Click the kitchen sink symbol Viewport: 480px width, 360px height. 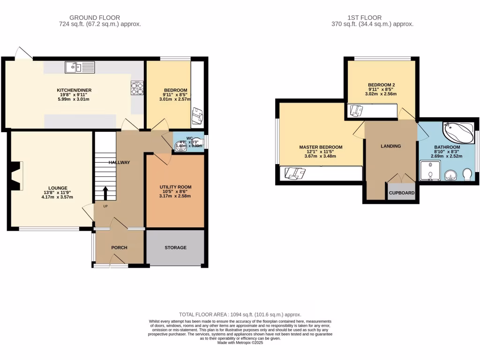[x=80, y=68]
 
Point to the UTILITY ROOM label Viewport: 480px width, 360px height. [x=175, y=187]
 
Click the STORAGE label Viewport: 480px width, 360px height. [x=175, y=247]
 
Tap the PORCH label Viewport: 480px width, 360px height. [x=119, y=247]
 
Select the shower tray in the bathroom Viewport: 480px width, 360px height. [x=431, y=171]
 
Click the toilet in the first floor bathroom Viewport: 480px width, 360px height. [x=467, y=174]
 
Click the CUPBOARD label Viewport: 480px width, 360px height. [x=402, y=193]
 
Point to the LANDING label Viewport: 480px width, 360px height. [x=390, y=146]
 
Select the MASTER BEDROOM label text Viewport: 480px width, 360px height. [x=321, y=147]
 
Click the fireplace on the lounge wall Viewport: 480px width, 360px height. [x=17, y=176]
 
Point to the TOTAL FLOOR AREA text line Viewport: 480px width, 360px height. [x=240, y=315]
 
